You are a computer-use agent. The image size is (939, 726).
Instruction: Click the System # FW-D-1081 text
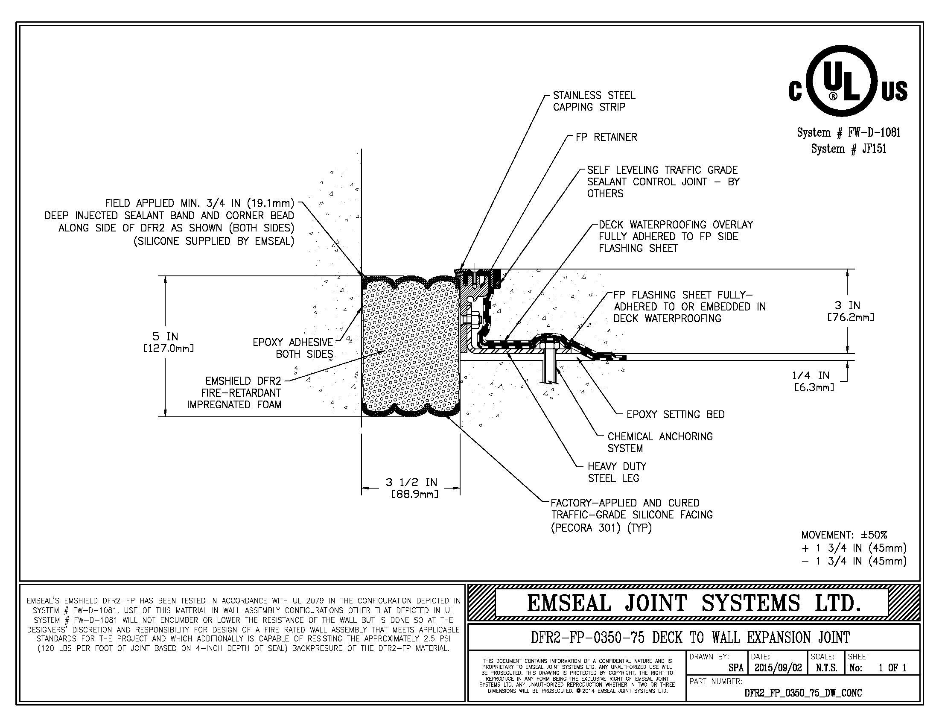848,132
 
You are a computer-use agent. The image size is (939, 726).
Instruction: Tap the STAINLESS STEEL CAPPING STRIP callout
594,101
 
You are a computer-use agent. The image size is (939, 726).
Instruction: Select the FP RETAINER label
606,137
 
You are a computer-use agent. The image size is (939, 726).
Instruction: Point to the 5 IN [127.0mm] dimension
169,342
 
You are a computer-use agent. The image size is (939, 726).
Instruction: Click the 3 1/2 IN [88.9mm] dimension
411,488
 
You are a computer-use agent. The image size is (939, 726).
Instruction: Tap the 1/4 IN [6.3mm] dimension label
814,381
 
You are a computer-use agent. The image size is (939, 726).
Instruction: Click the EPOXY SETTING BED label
676,415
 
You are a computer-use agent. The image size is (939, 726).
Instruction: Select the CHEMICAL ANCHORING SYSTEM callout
659,442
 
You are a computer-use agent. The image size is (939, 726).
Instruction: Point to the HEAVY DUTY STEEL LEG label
617,472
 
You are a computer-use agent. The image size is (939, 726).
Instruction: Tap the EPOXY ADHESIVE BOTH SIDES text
293,348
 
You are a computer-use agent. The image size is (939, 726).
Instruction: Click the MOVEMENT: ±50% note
844,535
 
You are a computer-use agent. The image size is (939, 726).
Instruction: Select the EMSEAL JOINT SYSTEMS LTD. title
694,603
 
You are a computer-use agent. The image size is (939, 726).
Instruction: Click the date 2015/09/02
778,668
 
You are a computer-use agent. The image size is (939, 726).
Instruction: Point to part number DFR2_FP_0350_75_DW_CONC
803,693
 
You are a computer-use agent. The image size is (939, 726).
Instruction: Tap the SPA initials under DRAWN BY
736,668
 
